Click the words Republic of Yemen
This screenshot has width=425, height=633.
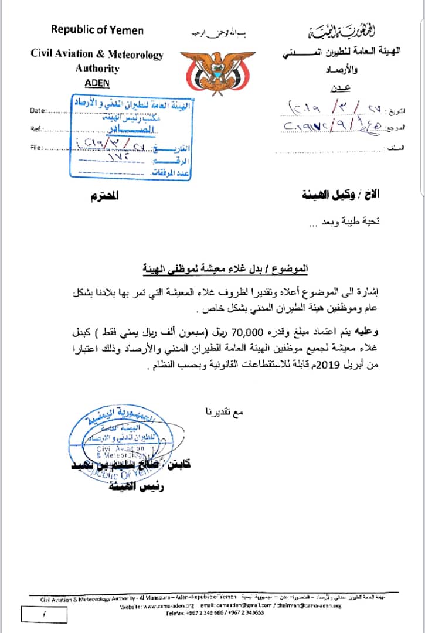point(97,29)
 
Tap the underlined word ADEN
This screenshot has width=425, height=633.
point(97,83)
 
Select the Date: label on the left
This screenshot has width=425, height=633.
point(37,110)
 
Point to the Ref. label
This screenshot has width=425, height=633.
point(35,129)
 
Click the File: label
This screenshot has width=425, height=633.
point(35,148)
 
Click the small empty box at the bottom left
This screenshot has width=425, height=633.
point(44,614)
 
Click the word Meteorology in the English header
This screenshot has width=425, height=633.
point(134,54)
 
